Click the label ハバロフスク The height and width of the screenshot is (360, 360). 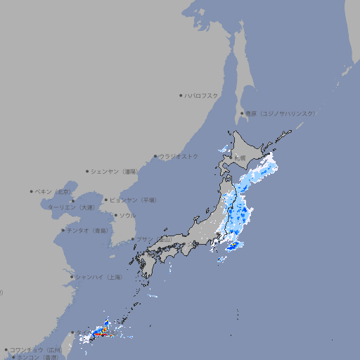(201, 96)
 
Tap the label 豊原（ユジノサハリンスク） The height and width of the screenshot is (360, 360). (279, 114)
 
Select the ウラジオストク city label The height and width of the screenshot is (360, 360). (179, 156)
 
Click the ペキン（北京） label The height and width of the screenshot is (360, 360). (53, 191)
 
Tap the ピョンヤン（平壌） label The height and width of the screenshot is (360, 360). (133, 200)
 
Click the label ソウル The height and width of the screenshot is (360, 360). (127, 216)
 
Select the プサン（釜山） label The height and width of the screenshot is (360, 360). (153, 239)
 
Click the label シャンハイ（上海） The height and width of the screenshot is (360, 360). (98, 278)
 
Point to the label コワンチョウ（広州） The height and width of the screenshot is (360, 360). (35, 349)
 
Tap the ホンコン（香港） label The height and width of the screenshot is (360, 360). (39, 357)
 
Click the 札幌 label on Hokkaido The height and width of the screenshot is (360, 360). (240, 157)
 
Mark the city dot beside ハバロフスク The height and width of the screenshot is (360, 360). (181, 96)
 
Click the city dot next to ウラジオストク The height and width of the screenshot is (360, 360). (155, 156)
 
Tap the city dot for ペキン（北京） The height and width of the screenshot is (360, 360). (32, 191)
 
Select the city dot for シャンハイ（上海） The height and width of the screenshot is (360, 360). (72, 277)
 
